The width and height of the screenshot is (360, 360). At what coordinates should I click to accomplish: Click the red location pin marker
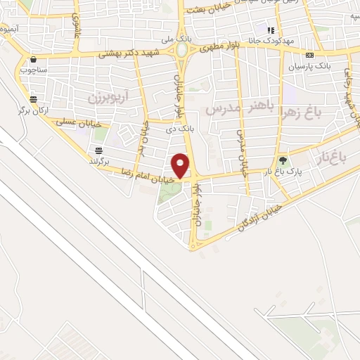181,166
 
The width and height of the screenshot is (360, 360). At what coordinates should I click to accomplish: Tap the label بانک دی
179,129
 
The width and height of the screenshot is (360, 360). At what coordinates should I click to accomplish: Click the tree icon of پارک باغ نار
283,161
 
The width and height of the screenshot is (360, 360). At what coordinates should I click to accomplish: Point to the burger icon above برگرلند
98,151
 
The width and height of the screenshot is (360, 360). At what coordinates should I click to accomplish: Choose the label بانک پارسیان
309,65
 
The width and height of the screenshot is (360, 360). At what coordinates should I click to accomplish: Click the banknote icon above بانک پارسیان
309,55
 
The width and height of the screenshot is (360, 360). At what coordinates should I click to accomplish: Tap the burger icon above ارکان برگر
33,99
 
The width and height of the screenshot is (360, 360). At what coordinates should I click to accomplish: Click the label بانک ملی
172,39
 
